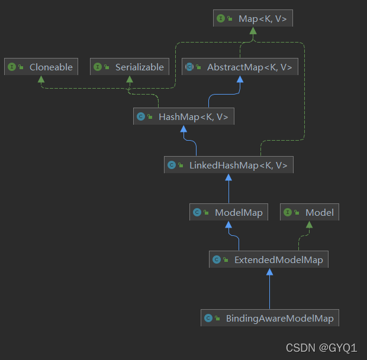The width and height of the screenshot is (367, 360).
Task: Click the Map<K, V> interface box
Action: (x=253, y=19)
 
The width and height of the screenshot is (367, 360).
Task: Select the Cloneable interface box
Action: (x=42, y=67)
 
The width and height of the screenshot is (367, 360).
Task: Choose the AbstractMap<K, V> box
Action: (x=240, y=67)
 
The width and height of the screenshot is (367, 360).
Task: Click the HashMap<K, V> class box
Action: (x=183, y=116)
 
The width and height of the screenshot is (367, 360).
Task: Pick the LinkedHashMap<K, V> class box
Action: (x=228, y=165)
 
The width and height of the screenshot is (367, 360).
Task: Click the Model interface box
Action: (x=310, y=212)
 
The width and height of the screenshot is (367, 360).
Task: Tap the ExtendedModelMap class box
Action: (x=269, y=259)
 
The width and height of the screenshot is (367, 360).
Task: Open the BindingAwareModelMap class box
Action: (x=270, y=318)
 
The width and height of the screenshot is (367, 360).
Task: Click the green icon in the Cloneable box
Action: (x=12, y=67)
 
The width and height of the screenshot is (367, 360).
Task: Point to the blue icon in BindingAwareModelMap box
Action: (x=208, y=319)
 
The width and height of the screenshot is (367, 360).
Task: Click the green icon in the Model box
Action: (x=288, y=213)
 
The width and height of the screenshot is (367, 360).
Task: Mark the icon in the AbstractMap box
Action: (x=189, y=67)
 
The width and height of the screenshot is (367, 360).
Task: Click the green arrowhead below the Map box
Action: (x=253, y=32)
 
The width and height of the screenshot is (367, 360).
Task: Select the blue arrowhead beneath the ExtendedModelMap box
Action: (x=269, y=272)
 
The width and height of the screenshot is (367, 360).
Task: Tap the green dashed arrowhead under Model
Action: (x=310, y=225)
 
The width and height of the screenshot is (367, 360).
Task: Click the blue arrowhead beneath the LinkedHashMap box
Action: (x=228, y=178)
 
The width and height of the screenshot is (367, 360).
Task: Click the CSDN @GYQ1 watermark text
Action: (x=321, y=348)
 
